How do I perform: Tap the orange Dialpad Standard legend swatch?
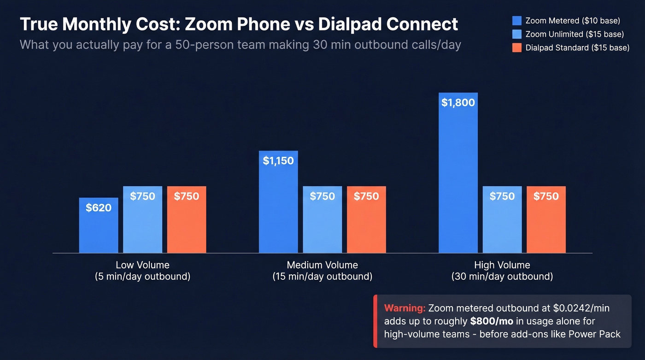click(517, 47)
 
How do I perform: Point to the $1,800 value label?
click(458, 102)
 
